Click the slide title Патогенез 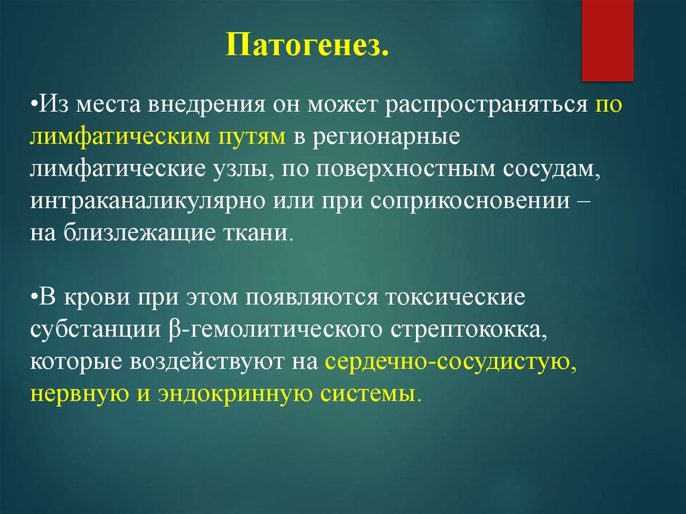coord(307,45)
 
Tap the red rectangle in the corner coord(607,40)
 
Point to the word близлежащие coord(140,233)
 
